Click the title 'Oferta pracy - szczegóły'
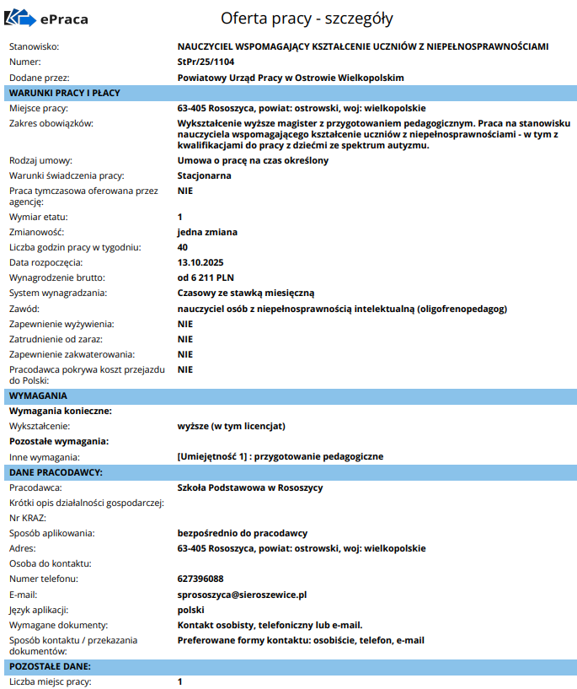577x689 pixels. [307, 18]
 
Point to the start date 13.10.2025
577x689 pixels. [200, 262]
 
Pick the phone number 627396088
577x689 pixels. [200, 579]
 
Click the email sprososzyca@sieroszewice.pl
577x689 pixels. [242, 594]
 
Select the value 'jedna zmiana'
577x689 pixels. [207, 232]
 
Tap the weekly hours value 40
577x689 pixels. [183, 247]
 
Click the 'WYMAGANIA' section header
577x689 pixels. [38, 395]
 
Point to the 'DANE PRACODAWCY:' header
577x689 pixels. [56, 471]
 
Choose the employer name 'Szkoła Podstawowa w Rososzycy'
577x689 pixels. [250, 487]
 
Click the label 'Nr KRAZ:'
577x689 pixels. [28, 518]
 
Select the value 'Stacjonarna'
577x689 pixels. [204, 175]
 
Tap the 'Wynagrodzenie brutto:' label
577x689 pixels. [58, 277]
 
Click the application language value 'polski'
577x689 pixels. [191, 609]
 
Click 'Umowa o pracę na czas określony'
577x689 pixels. [253, 160]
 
